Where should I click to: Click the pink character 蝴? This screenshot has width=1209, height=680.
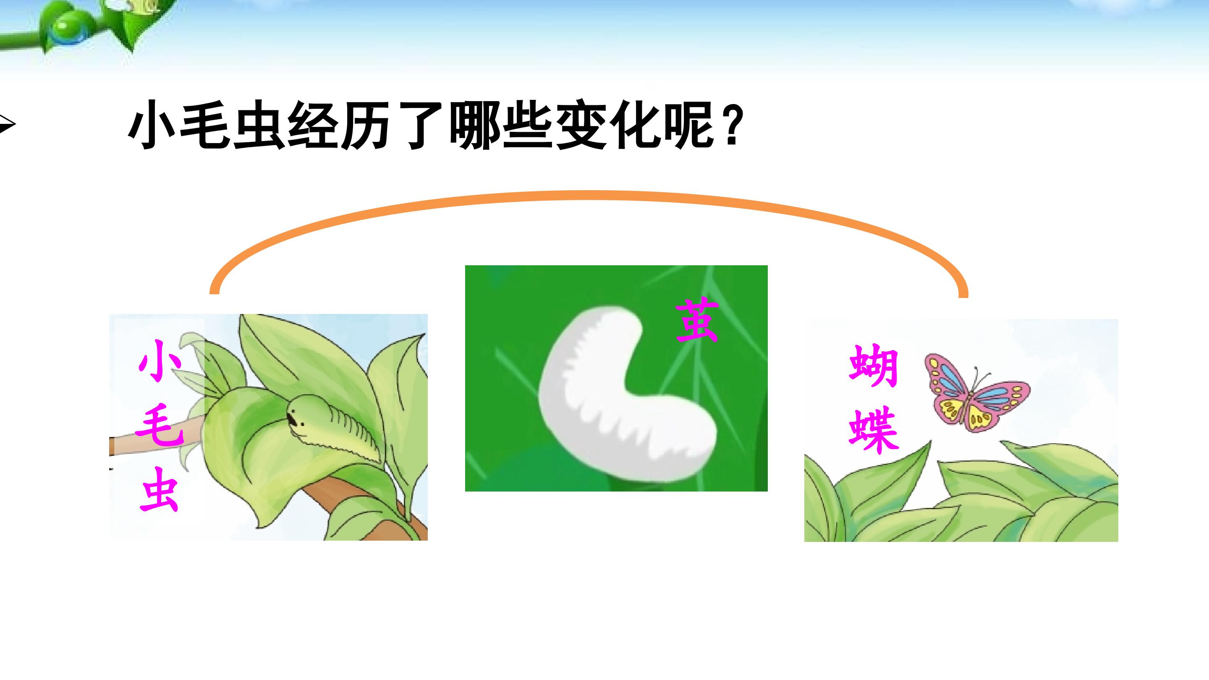point(874,366)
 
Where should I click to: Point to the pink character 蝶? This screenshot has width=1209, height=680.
point(874,432)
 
